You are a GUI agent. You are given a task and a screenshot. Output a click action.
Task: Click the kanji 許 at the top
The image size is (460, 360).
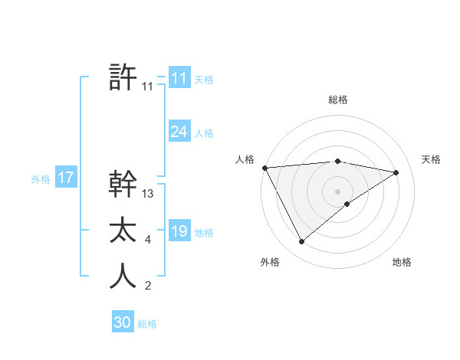point(123,77)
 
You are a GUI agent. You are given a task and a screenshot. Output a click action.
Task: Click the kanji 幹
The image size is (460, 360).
point(123,184)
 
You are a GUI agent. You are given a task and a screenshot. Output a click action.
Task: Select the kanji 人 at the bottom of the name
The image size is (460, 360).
point(123,277)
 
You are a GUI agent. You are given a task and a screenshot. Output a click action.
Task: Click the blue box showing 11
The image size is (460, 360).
point(179,79)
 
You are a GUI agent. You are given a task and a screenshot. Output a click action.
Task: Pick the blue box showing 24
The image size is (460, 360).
point(179,132)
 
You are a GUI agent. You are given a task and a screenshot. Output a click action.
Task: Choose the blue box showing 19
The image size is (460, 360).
point(179,231)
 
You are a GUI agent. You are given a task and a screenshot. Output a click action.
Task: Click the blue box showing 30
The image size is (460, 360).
point(122,322)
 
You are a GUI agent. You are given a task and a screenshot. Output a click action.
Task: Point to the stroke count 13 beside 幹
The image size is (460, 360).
point(148,194)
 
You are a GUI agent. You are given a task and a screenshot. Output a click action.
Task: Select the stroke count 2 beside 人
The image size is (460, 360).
point(148,286)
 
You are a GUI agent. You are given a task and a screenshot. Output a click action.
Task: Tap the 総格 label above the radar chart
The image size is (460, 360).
point(338,100)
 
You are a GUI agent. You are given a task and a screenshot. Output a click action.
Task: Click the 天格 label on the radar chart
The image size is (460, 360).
point(431,159)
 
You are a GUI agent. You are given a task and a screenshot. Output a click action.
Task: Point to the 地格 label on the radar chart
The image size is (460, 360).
point(402,262)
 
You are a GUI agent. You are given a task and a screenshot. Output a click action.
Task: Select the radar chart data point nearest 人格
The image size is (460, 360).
point(264,168)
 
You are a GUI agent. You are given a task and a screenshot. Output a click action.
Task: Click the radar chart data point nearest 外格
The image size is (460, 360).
point(302,242)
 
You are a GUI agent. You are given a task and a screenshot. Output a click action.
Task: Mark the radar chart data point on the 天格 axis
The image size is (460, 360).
point(396,172)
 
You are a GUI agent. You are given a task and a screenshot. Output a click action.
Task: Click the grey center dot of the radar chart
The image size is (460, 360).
point(338,191)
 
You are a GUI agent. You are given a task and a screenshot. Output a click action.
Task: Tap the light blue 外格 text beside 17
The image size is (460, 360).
point(40,179)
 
